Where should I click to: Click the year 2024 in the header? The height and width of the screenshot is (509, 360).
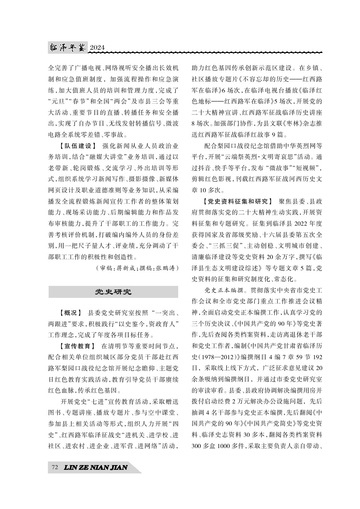click(97, 48)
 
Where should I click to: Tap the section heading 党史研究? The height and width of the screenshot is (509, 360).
click(113, 292)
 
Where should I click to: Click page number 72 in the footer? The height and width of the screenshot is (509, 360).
click(55, 467)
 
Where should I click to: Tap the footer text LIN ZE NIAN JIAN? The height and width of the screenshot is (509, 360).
click(96, 467)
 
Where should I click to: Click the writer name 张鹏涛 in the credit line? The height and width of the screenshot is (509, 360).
click(165, 268)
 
